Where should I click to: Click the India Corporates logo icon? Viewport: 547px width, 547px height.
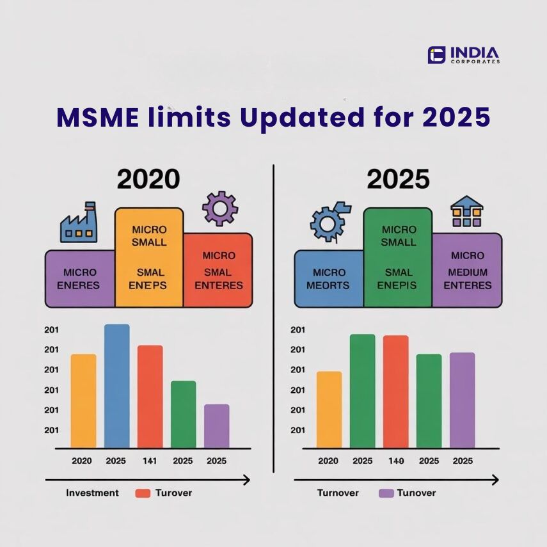tap(436, 55)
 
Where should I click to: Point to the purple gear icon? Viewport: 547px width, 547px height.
tap(219, 208)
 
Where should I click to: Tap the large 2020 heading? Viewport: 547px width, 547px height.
tap(148, 179)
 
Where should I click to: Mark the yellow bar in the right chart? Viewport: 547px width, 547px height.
tap(329, 409)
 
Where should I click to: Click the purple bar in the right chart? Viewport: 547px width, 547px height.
tap(462, 400)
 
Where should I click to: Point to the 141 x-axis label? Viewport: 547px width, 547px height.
tap(150, 461)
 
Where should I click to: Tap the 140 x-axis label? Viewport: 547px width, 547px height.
tap(395, 461)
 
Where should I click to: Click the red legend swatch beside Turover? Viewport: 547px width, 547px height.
tap(143, 493)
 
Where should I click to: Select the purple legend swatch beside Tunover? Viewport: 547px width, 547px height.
tap(386, 493)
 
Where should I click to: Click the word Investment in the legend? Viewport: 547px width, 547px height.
tap(92, 493)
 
